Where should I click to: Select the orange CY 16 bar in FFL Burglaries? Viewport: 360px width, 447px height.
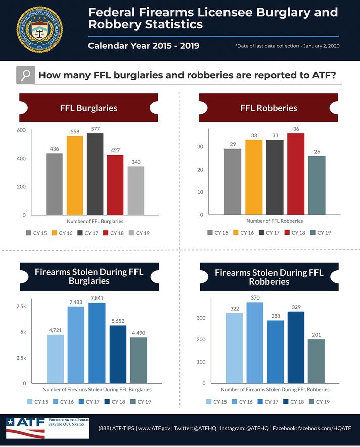pyautogui.click(x=74, y=175)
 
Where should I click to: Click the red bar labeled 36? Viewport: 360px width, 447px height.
pyautogui.click(x=296, y=174)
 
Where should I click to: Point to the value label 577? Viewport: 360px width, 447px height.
pyautogui.click(x=95, y=129)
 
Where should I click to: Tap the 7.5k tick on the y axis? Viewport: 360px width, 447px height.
pyautogui.click(x=21, y=307)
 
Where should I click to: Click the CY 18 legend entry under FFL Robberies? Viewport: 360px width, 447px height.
pyautogui.click(x=295, y=233)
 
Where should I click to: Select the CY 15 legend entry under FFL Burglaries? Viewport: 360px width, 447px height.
pyautogui.click(x=36, y=233)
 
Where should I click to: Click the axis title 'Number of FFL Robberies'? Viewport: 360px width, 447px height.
pyautogui.click(x=275, y=221)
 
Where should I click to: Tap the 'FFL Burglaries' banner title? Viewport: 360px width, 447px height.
pyautogui.click(x=88, y=108)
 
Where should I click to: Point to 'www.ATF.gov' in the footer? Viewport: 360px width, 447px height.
pyautogui.click(x=153, y=428)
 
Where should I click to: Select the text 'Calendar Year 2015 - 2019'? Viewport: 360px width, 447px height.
pyautogui.click(x=144, y=46)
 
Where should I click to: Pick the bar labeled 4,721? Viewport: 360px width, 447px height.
pyautogui.click(x=56, y=359)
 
